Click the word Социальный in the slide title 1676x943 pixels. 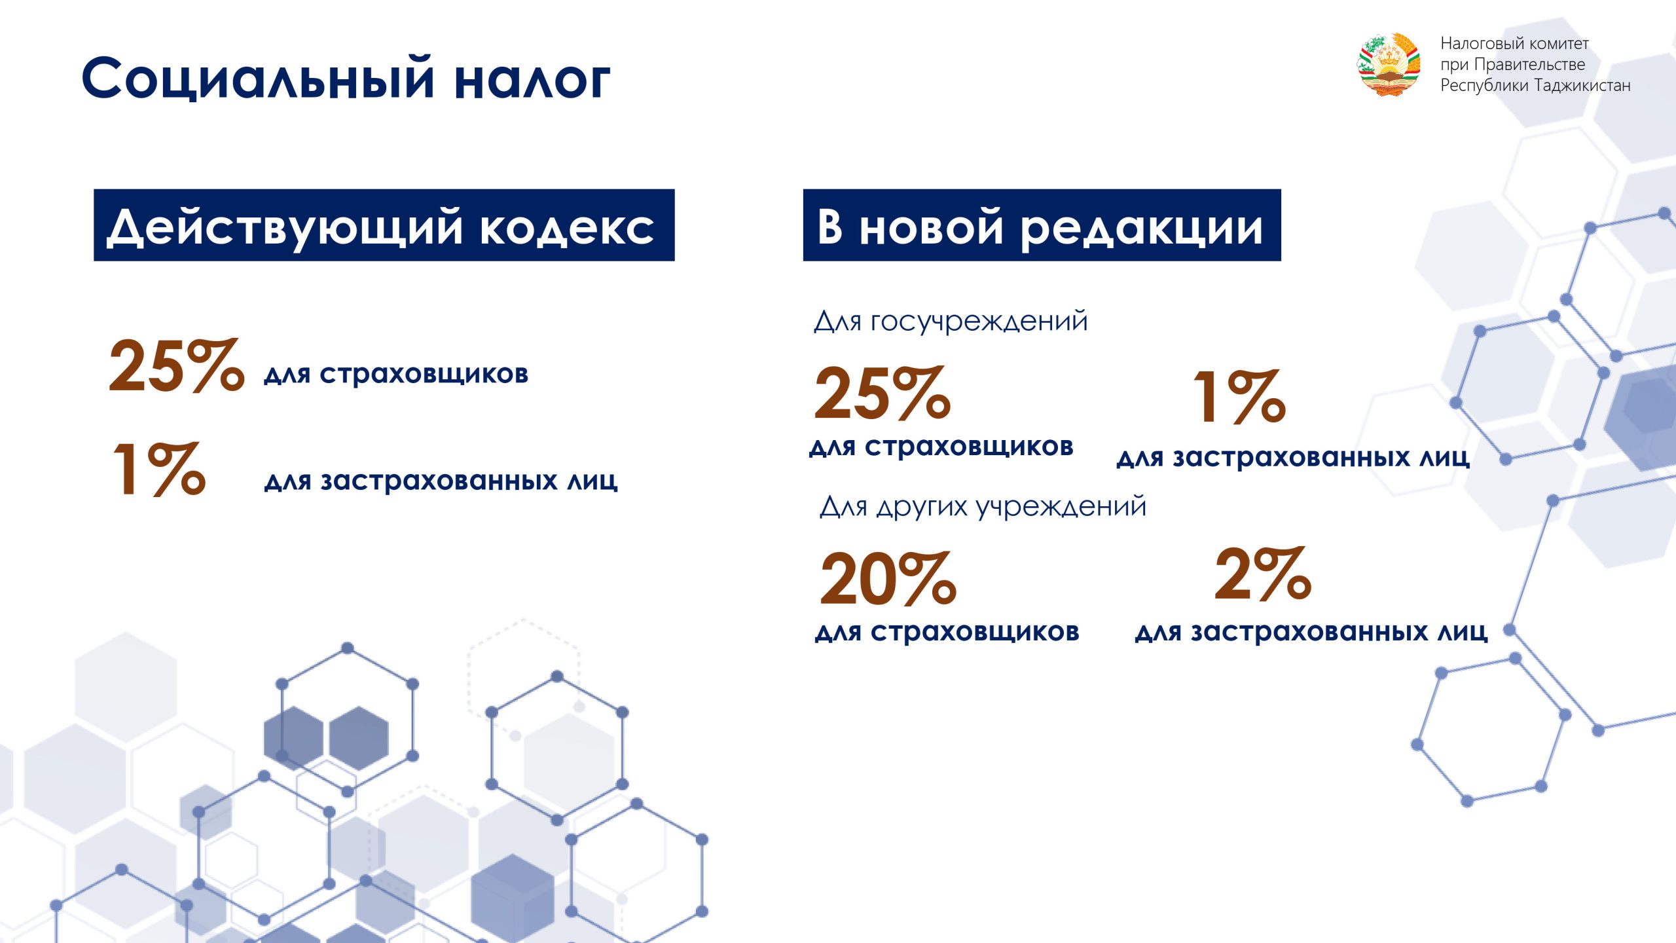coord(258,79)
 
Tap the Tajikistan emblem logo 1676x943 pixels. coord(1389,65)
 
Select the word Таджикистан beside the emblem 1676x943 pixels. coord(1582,86)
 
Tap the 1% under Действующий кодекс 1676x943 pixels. coord(159,468)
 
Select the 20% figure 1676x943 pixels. coord(888,578)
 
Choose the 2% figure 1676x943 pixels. coord(1263,574)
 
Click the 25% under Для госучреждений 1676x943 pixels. coord(882,392)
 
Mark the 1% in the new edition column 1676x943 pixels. coord(1239,396)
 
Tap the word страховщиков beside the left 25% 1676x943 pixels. coord(424,375)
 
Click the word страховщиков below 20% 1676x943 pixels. coord(975,632)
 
